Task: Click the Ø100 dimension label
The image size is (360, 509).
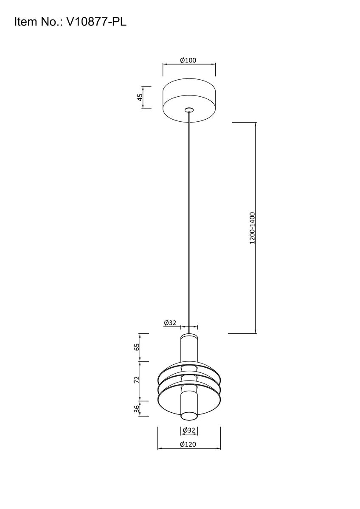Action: coord(188,60)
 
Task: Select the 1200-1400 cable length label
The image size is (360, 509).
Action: coord(252,228)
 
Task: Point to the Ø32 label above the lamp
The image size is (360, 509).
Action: coord(170,323)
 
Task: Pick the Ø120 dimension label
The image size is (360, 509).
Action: coord(188,444)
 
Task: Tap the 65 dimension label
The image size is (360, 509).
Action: coord(137,347)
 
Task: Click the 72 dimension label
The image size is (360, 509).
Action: coord(137,380)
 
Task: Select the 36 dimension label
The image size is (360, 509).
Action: coord(137,408)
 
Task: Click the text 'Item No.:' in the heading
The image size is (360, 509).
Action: coord(38,22)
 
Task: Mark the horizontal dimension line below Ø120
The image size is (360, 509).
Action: coord(170,449)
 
